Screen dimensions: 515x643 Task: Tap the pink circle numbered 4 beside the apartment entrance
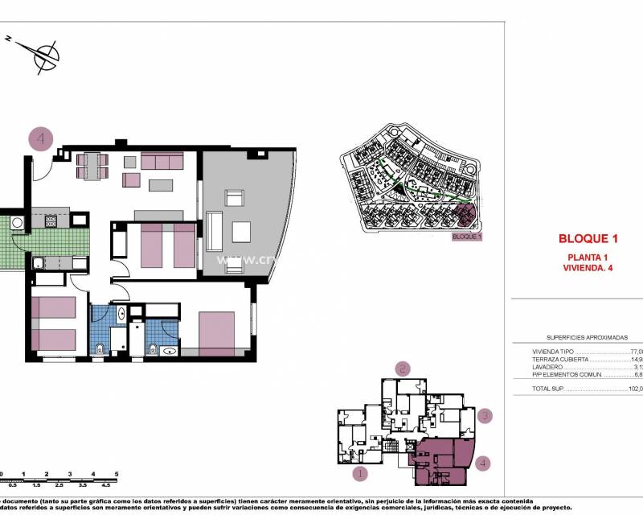41,139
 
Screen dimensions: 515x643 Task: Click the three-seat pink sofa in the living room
163,161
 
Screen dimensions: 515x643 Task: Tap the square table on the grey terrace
242,232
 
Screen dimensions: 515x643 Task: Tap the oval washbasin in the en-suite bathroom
169,350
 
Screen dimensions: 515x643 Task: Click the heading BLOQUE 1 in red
588,238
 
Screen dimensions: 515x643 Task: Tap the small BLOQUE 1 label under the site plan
467,237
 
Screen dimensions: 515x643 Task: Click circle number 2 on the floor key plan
403,369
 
